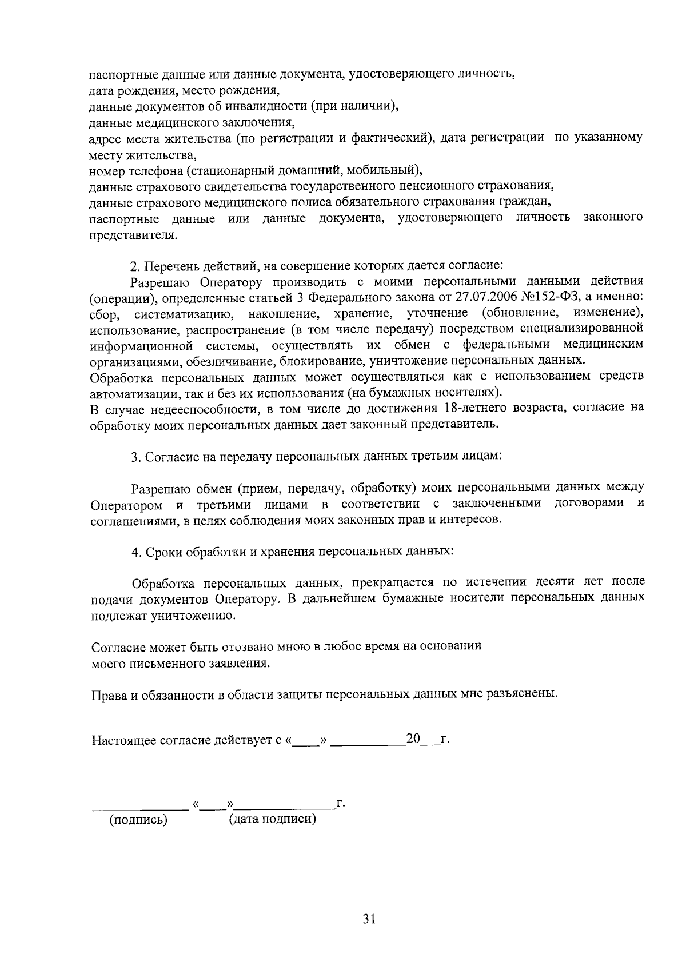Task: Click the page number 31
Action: tap(368, 919)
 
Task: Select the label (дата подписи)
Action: tap(273, 819)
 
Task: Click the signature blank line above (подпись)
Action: tap(141, 808)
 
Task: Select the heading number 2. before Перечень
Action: tap(135, 266)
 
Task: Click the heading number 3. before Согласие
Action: tap(135, 457)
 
